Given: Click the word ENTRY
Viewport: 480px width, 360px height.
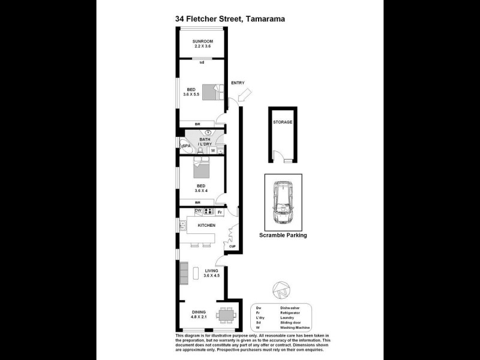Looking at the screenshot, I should pos(238,83).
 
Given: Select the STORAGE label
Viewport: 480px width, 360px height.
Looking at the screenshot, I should pos(283,122).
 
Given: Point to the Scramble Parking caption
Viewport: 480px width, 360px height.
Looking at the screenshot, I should pos(283,236).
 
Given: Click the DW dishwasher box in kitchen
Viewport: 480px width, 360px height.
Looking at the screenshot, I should pos(198,211).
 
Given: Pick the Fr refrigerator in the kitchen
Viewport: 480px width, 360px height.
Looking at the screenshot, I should pos(220,212).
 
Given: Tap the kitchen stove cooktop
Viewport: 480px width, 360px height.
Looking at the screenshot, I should pos(209,211).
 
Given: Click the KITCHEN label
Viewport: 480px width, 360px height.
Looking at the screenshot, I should pos(206,225).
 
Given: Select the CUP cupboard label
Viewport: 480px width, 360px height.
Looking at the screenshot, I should pos(232,247).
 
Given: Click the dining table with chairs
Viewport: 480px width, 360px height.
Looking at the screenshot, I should pos(226,314).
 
